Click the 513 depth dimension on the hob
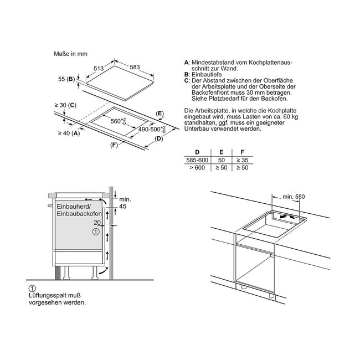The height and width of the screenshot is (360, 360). tap(99, 68)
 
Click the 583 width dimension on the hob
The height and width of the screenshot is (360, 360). tap(135, 67)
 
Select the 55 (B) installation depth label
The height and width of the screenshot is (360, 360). tap(66, 79)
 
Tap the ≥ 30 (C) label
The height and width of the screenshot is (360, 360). tap(65, 105)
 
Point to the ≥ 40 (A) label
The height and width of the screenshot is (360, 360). tap(69, 133)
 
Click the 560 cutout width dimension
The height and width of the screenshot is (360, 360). tap(118, 121)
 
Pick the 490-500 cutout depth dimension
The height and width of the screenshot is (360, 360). tap(152, 129)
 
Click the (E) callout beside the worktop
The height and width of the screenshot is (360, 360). tap(160, 114)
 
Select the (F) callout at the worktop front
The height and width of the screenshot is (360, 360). tap(114, 145)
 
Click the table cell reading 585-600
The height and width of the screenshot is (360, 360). tap(197, 160)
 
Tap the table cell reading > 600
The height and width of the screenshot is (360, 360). tap(197, 168)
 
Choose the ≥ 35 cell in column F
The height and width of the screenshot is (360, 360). tap(243, 160)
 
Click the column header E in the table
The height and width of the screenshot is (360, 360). tap(222, 152)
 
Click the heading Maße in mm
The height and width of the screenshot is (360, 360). tap(71, 54)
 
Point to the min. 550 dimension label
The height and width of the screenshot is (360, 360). tap(294, 197)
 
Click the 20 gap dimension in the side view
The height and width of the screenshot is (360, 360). tap(97, 223)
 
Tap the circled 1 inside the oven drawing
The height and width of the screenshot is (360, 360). tap(96, 232)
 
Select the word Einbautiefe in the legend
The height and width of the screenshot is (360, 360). tap(207, 75)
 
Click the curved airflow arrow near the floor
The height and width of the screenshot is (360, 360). tap(102, 270)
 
